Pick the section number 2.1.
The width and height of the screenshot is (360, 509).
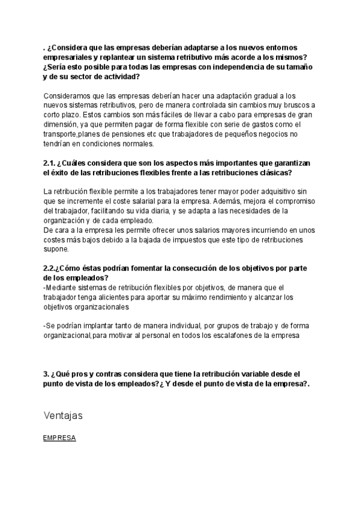[x=49, y=163]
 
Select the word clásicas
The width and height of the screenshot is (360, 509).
[x=272, y=173]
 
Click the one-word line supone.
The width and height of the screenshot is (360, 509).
[x=56, y=250]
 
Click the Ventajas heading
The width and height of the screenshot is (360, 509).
[x=63, y=415]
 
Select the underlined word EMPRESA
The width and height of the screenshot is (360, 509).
[x=59, y=438]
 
